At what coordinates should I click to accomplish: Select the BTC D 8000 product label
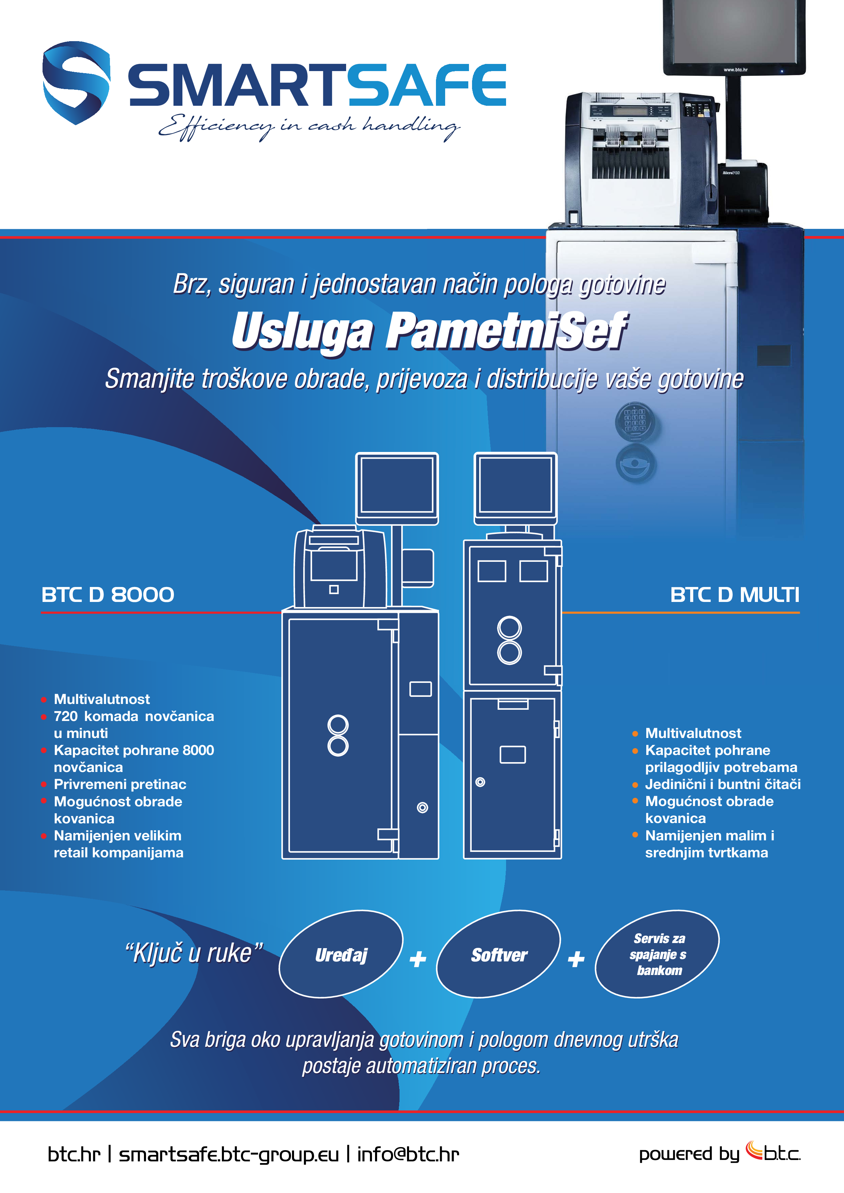tap(108, 595)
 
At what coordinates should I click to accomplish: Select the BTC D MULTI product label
tap(734, 595)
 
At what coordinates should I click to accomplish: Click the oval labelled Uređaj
tap(341, 955)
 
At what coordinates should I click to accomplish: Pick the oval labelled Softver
tap(499, 955)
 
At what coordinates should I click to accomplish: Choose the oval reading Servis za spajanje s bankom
tap(657, 955)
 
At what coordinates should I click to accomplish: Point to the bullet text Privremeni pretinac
tap(119, 784)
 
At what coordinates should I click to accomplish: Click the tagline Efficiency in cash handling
tap(309, 126)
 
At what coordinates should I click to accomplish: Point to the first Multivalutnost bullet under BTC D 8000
tap(101, 699)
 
